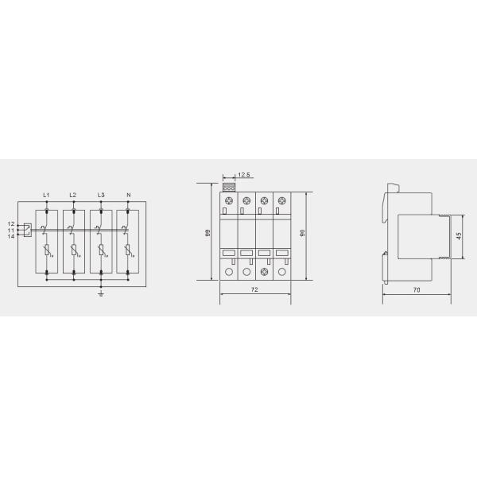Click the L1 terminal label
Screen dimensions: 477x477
46,195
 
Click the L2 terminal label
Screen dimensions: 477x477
73,195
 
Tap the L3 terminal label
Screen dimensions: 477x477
101,195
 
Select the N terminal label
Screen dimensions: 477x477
128,195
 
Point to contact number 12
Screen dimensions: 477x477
10,224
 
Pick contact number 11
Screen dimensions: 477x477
10,231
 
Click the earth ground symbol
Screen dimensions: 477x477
101,295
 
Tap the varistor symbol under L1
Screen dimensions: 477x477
47,252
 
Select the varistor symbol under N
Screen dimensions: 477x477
128,252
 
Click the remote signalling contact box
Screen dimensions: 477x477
26,231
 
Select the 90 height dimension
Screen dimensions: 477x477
302,233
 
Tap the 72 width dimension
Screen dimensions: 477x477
254,290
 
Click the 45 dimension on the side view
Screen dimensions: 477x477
459,236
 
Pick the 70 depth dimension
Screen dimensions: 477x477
417,290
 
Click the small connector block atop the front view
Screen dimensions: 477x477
228,187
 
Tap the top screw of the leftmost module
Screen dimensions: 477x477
228,200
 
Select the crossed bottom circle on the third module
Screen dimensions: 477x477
263,272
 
